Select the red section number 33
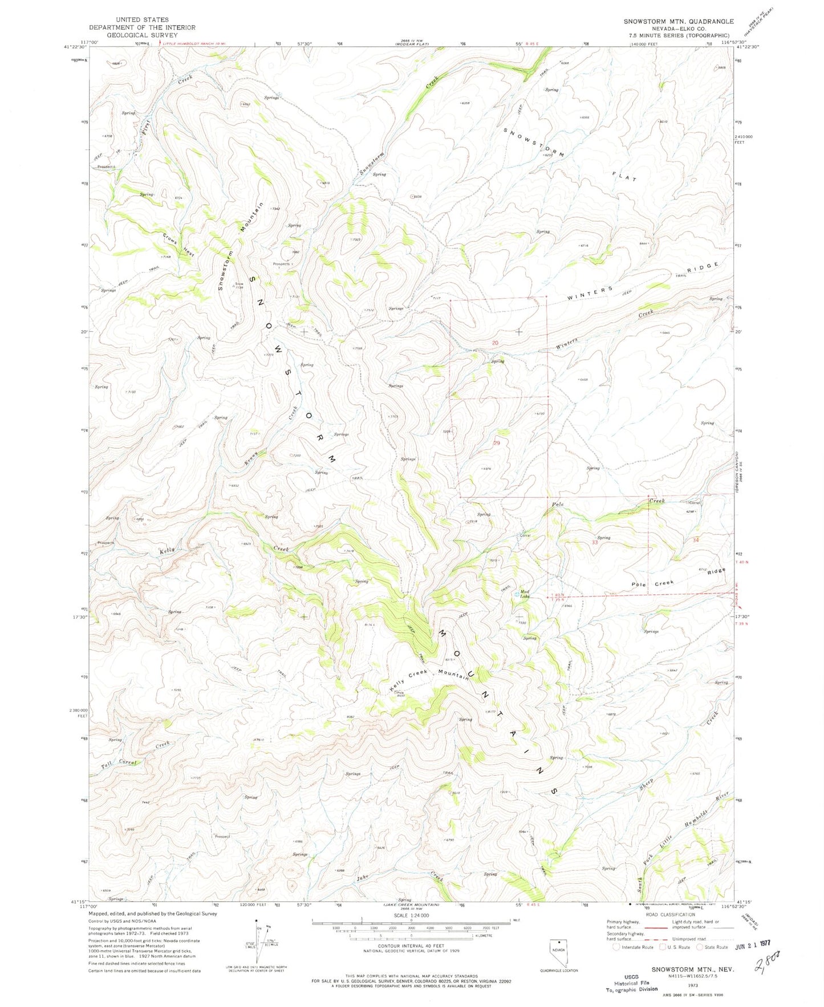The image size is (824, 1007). pyautogui.click(x=595, y=542)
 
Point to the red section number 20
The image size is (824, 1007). pyautogui.click(x=495, y=343)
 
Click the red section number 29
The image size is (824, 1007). pyautogui.click(x=496, y=443)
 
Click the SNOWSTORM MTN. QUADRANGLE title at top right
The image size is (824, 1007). pyautogui.click(x=679, y=21)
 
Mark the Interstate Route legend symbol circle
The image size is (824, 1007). pyautogui.click(x=616, y=947)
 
